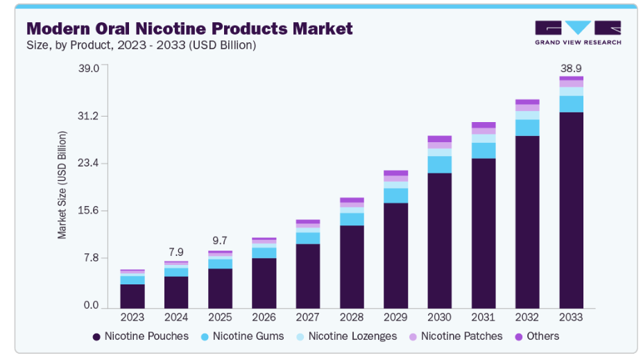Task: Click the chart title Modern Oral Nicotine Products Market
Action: pos(189,28)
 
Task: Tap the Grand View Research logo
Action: pos(577,33)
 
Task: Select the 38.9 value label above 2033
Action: pos(571,69)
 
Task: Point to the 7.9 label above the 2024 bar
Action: pos(176,251)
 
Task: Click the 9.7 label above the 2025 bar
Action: pos(220,241)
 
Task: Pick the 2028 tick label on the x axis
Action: pos(352,317)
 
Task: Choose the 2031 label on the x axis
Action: pos(484,317)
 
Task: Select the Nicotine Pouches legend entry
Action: pos(140,336)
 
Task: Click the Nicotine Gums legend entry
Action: pos(243,336)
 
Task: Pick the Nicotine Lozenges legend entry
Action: pos(346,336)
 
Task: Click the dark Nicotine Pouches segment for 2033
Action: pos(571,208)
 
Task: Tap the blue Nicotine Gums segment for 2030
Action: pos(439,164)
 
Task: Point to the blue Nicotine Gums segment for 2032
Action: pos(527,128)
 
